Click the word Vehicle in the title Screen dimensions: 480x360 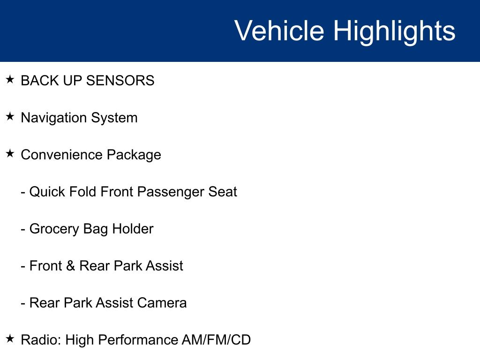pyautogui.click(x=279, y=30)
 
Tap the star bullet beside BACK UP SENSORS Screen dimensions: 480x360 pyautogui.click(x=10, y=79)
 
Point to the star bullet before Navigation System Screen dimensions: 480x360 pyautogui.click(x=10, y=116)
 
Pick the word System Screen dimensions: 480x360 pyautogui.click(x=114, y=118)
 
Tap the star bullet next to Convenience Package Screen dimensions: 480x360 pyautogui.click(x=10, y=153)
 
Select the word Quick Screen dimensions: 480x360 pyautogui.click(x=47, y=192)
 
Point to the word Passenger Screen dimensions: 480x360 pyautogui.click(x=170, y=192)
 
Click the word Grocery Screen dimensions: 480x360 pyautogui.click(x=54, y=229)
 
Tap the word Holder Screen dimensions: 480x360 pyautogui.click(x=133, y=229)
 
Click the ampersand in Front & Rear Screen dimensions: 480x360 pyautogui.click(x=70, y=266)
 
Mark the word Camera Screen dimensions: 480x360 pyautogui.click(x=162, y=303)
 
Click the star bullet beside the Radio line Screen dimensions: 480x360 pyautogui.click(x=10, y=338)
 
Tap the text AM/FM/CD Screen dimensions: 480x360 pyautogui.click(x=216, y=340)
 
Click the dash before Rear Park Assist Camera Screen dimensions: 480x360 pyautogui.click(x=23, y=304)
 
